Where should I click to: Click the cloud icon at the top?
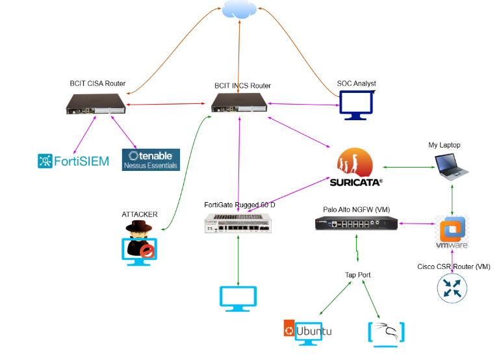[x=240, y=10]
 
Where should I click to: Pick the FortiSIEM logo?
[x=73, y=161]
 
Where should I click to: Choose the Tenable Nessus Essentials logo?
[x=151, y=160]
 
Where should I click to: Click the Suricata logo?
[x=355, y=168]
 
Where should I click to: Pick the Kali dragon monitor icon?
[x=387, y=332]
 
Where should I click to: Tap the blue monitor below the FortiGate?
[x=239, y=297]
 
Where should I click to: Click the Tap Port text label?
[x=357, y=275]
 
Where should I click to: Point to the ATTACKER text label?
[x=140, y=214]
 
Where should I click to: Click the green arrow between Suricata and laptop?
[x=409, y=167]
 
